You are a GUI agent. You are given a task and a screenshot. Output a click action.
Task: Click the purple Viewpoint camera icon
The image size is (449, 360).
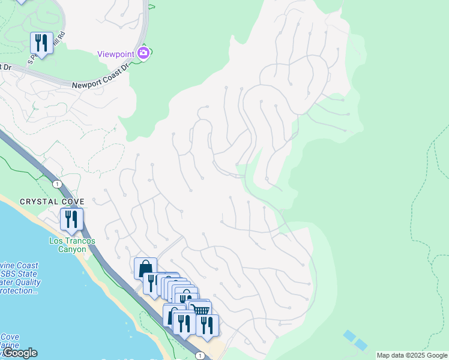click(143, 53)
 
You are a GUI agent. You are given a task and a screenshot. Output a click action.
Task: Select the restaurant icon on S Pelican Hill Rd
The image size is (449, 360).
click(41, 42)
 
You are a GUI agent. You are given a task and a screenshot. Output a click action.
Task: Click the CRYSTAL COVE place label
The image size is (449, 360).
click(52, 202)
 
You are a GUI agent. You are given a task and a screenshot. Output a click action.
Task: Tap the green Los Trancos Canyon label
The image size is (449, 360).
click(72, 245)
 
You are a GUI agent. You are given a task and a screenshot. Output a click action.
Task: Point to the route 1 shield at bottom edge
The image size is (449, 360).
click(199, 355)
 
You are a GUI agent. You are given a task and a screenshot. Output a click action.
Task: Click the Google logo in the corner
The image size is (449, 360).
click(20, 353)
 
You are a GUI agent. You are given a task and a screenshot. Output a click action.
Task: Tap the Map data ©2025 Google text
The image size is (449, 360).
click(412, 355)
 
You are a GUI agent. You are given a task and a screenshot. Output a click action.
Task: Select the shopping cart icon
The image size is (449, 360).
click(201, 310)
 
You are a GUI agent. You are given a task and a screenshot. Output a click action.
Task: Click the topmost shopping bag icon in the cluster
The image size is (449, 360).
click(146, 268)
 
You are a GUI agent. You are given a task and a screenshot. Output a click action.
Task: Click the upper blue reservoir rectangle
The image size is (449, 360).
click(349, 335)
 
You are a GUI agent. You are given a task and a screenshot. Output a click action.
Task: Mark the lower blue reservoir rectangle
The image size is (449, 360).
click(360, 344)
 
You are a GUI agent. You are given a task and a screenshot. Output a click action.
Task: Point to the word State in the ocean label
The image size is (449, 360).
click(30, 274)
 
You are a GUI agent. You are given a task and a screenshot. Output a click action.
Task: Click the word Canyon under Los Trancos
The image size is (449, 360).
click(72, 249)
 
